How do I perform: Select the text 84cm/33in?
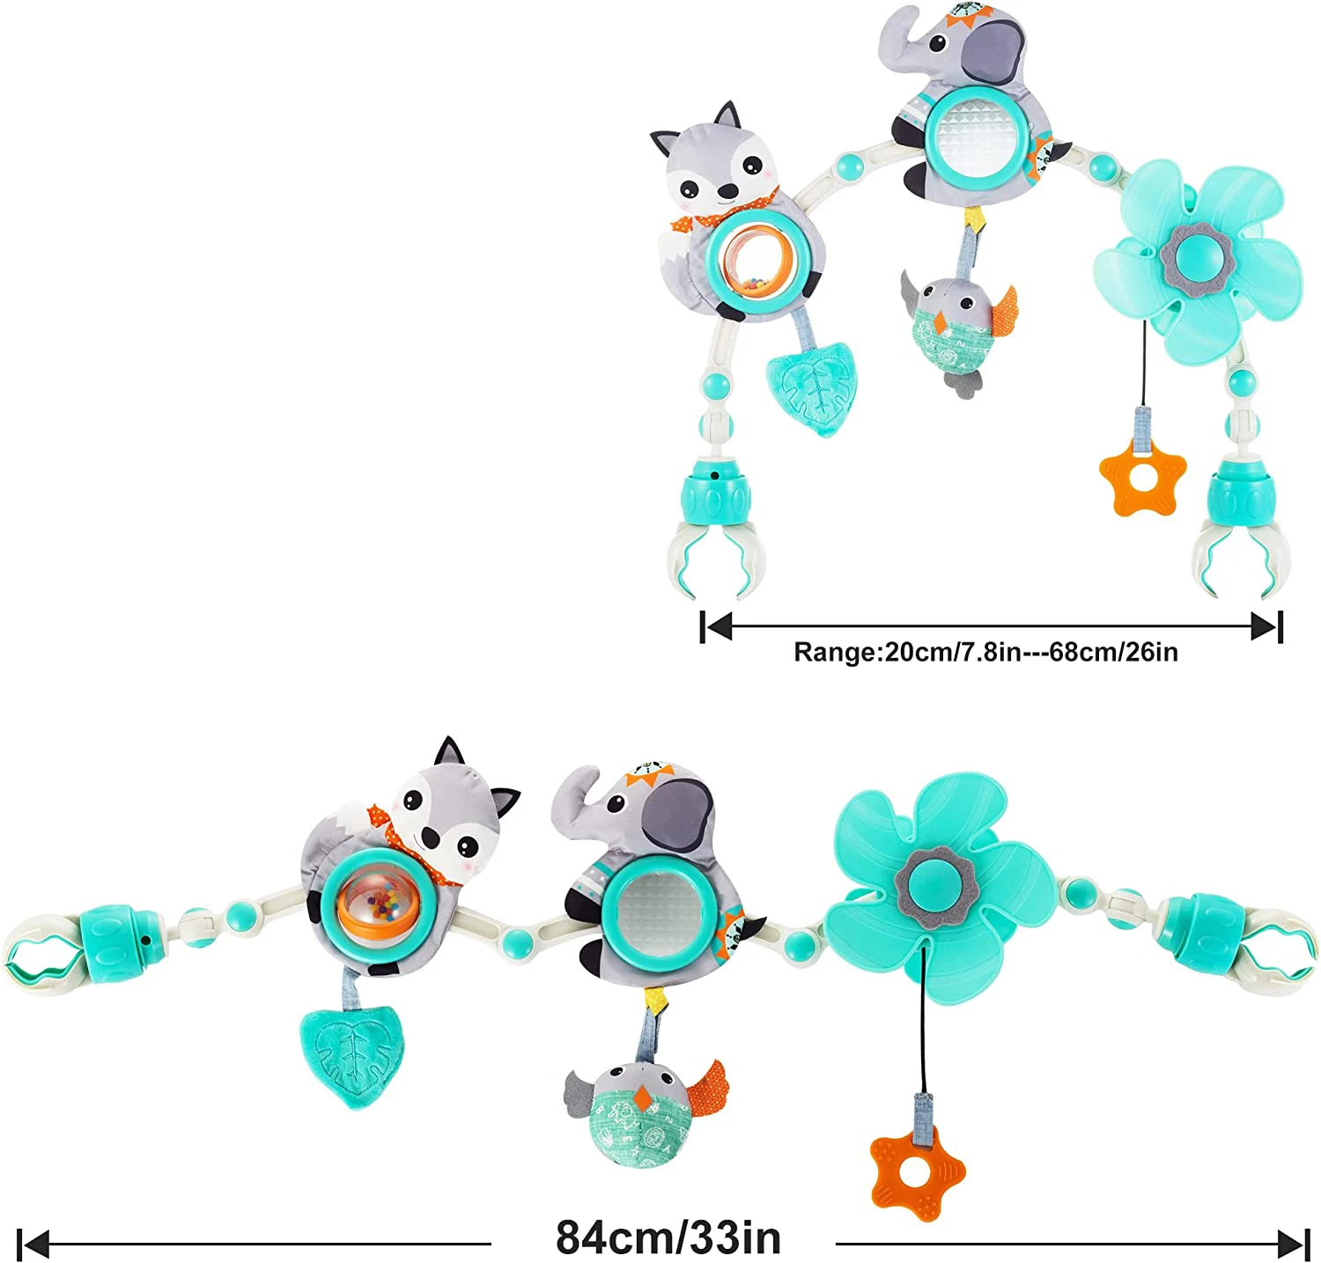click(668, 1237)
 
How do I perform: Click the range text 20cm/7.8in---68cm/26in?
click(985, 653)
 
